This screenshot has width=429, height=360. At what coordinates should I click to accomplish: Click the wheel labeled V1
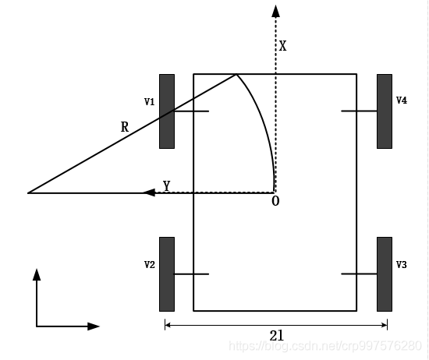[167, 111]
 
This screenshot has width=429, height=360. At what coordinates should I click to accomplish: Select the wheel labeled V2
[167, 274]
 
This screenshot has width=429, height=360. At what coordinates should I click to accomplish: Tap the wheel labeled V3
[385, 274]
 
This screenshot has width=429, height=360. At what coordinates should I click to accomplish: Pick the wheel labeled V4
[385, 111]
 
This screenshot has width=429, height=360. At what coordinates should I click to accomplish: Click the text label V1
[150, 102]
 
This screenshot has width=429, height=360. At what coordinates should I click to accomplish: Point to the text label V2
[150, 265]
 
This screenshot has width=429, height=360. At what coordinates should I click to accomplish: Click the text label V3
[402, 265]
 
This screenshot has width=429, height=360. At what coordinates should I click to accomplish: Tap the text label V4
[402, 101]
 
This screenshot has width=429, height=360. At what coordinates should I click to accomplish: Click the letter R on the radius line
[125, 127]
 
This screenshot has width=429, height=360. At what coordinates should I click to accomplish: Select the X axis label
[282, 46]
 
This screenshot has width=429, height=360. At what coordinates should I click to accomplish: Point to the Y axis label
[167, 186]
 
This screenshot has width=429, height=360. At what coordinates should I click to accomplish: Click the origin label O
[275, 201]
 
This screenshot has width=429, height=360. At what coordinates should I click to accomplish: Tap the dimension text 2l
[277, 336]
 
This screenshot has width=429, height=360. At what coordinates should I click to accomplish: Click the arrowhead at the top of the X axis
[275, 11]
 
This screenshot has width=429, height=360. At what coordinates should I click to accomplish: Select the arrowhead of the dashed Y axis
[150, 192]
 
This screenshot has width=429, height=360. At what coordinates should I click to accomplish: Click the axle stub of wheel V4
[359, 111]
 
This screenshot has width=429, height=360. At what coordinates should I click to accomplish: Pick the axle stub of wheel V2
[192, 274]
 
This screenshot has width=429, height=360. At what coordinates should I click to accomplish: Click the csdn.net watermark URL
[325, 346]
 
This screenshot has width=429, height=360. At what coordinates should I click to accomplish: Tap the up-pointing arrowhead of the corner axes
[37, 275]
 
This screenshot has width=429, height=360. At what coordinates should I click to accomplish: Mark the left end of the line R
[27, 193]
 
